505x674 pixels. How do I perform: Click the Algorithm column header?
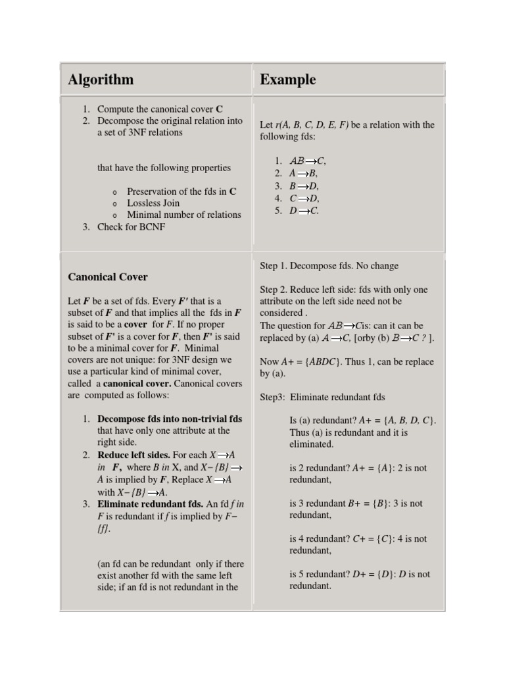[101, 80]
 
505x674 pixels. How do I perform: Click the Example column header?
[287, 80]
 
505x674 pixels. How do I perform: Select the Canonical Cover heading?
[108, 277]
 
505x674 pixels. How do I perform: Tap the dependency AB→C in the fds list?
[308, 161]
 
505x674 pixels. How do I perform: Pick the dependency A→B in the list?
[303, 173]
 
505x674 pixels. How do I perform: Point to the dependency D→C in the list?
[304, 211]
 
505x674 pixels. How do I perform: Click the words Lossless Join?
[153, 203]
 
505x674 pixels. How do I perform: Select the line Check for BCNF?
[132, 226]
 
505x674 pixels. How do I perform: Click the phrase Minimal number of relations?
[184, 215]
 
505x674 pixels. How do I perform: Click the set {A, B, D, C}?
[410, 421]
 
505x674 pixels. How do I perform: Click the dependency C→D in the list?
[304, 198]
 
